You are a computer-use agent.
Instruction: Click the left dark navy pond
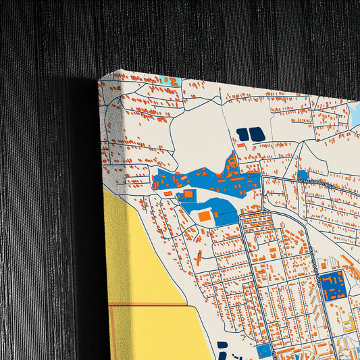(x=242, y=134)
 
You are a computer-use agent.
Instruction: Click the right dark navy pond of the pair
(x=257, y=135)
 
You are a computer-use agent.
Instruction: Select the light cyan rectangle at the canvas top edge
(x=172, y=81)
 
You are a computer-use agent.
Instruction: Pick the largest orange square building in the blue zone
(x=204, y=216)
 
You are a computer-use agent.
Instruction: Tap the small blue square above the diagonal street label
(x=303, y=175)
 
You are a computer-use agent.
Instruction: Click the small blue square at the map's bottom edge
(x=264, y=351)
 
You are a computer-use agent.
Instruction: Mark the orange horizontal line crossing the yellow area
(x=149, y=305)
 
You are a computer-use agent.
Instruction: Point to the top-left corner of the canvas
(x=99, y=80)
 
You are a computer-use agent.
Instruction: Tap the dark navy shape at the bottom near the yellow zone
(x=223, y=345)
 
